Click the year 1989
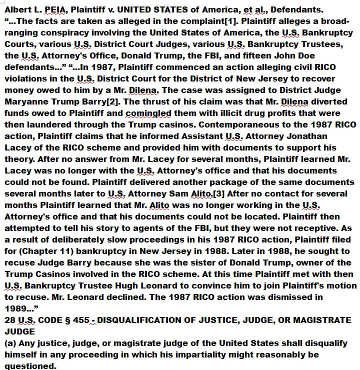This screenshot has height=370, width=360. point(17,308)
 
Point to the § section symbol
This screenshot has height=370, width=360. point(67,320)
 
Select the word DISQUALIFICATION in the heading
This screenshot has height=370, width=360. point(146,320)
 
